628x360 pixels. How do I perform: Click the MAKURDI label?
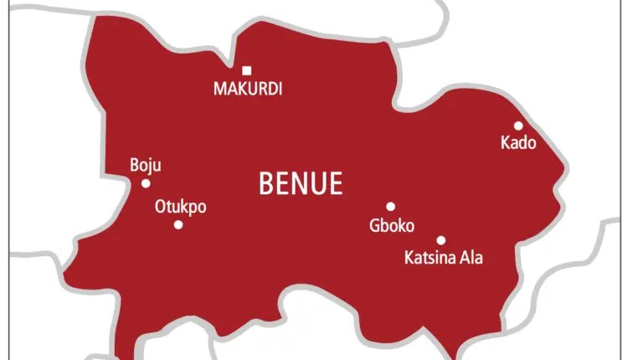tap(248, 89)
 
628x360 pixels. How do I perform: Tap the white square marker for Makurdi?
tap(247, 71)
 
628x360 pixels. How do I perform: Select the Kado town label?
tap(517, 143)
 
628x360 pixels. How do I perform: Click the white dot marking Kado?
tap(518, 126)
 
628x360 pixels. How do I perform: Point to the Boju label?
tap(146, 166)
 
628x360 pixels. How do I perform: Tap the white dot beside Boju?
tap(146, 183)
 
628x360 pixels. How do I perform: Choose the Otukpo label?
tap(180, 207)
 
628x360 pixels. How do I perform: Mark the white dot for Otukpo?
tap(178, 224)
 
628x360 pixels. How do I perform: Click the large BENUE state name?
tap(301, 183)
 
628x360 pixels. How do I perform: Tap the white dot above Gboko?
tap(390, 206)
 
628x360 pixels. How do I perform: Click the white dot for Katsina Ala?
tap(441, 240)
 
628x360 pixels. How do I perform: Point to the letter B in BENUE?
tap(266, 183)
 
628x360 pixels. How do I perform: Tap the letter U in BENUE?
tap(318, 183)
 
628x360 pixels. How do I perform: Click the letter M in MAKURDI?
tap(219, 89)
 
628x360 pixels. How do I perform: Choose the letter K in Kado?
tap(505, 143)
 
